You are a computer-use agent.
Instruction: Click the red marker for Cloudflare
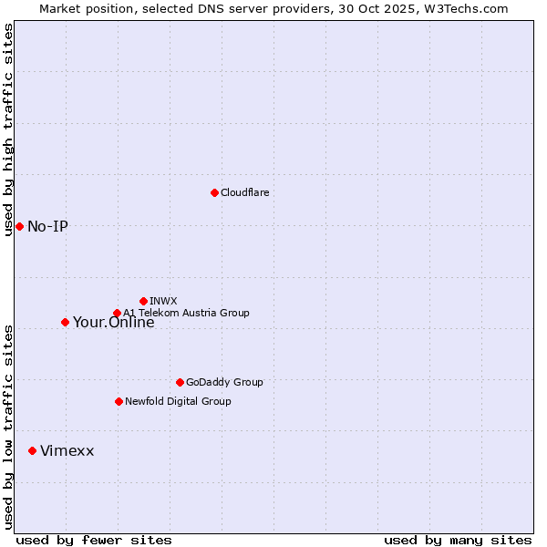[x=214, y=192]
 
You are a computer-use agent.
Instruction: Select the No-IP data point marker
[x=19, y=226]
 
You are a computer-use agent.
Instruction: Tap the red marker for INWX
[x=143, y=301]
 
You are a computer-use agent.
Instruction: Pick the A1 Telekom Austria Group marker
[x=117, y=314]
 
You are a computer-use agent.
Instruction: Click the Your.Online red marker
[x=65, y=322]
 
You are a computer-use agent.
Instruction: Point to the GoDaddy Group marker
[x=180, y=382]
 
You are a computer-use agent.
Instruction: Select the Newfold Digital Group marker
[x=119, y=401]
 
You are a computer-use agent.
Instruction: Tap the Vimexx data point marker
[x=32, y=450]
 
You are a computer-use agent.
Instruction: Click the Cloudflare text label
[x=244, y=193]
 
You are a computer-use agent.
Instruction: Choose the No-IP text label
[x=47, y=227]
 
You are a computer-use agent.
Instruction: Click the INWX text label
[x=163, y=302]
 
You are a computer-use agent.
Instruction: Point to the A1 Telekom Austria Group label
[x=186, y=314]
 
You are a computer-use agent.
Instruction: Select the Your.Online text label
[x=113, y=323]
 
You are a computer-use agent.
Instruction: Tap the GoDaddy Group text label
[x=224, y=383]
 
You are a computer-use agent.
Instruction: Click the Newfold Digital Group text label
[x=178, y=402]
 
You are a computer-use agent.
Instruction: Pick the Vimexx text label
[x=67, y=451]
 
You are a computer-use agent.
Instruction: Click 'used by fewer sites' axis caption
[x=94, y=540]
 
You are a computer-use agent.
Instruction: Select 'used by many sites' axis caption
[x=458, y=540]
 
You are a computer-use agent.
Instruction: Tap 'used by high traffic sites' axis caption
[x=8, y=129]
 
